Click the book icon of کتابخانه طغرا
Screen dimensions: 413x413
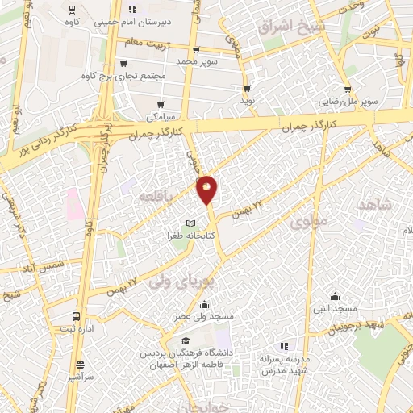pos(190,223)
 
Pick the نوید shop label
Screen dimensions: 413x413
pos(246,101)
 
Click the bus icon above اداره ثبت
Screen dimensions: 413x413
pos(75,316)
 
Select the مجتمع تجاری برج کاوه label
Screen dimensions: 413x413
pos(123,77)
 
